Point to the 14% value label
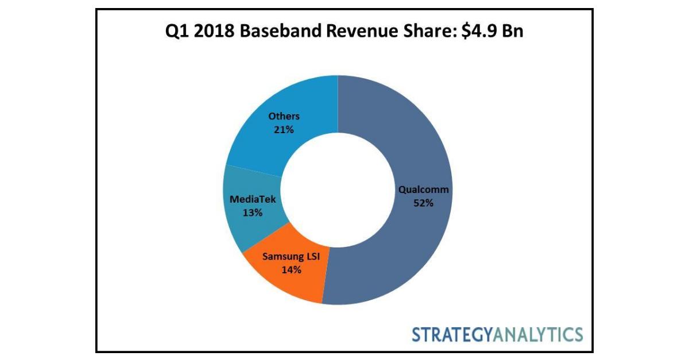click(291, 269)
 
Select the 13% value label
click(252, 212)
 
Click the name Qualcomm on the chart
click(424, 189)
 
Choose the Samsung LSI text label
click(291, 256)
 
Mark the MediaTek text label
click(253, 200)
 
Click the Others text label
click(284, 117)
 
